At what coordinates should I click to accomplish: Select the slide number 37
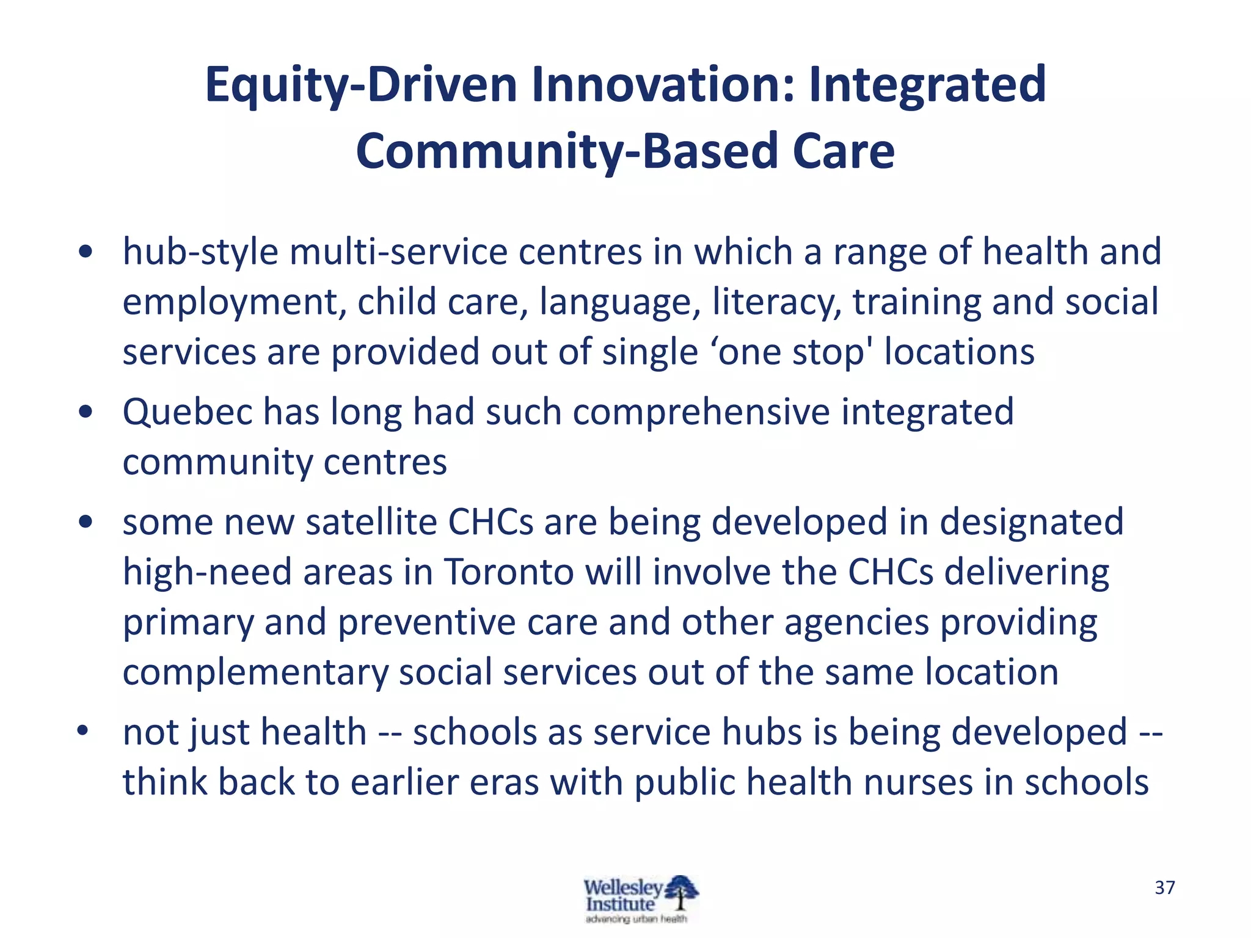[x=1164, y=887]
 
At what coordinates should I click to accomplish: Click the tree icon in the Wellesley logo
[x=681, y=892]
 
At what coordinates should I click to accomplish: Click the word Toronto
[x=508, y=572]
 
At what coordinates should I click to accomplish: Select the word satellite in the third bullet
[x=371, y=522]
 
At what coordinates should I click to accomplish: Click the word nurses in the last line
[x=911, y=782]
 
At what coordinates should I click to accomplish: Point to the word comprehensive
[x=701, y=412]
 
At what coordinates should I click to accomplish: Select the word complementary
[x=255, y=672]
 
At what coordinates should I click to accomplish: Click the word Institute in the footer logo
[x=620, y=904]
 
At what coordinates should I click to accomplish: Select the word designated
[x=1031, y=522]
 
